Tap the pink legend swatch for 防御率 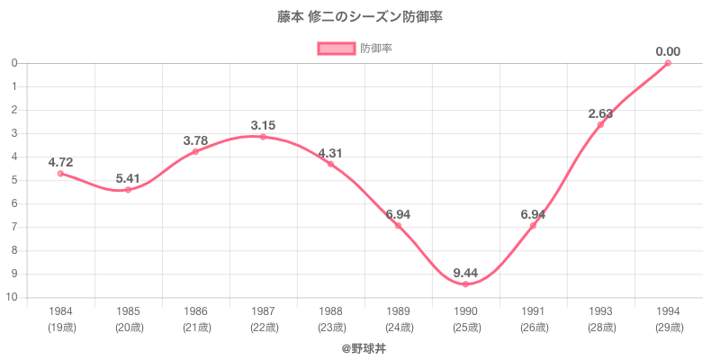336,49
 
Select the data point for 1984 60,174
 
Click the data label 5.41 128,178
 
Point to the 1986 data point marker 195,151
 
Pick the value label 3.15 263,125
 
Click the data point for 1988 330,164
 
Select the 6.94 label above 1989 398,214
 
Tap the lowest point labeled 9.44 465,284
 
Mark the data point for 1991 533,225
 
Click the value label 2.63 600,113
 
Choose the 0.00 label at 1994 668,51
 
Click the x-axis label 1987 263,310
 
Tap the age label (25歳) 465,327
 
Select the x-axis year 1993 600,310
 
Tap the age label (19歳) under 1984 60,327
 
